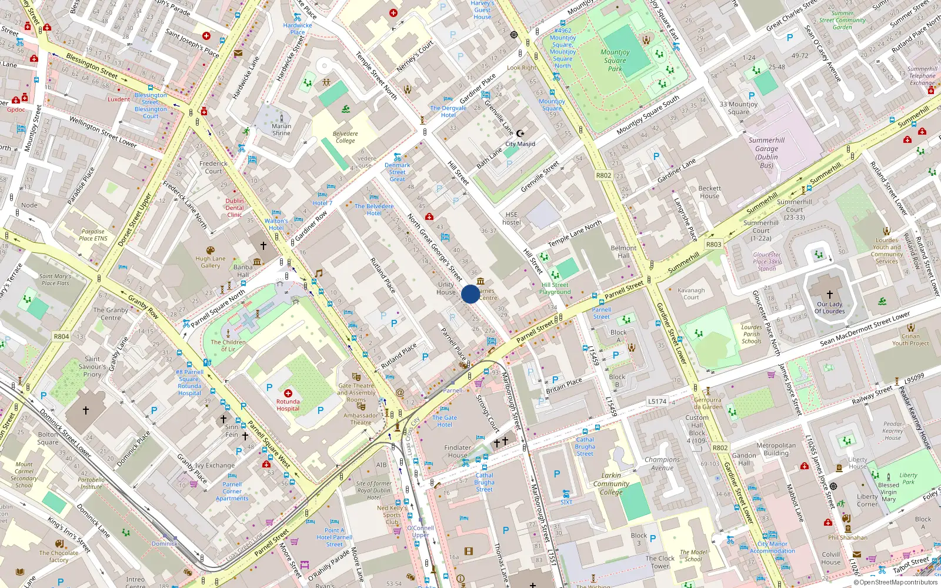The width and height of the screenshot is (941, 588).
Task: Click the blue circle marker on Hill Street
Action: (470, 294)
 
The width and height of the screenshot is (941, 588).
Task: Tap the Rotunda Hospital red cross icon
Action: (288, 393)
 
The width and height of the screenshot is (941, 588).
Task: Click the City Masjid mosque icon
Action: (520, 133)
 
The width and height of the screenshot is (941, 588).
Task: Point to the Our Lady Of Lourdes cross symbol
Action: (829, 294)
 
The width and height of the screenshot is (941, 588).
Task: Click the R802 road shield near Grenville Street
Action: (603, 175)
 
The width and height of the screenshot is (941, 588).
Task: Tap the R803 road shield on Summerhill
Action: (713, 244)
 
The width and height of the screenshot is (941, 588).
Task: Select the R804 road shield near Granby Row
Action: (61, 336)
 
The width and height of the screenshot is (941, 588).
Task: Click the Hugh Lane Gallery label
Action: (211, 262)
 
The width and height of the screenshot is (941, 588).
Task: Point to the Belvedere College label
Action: (345, 137)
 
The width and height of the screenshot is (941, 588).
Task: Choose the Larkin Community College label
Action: (611, 483)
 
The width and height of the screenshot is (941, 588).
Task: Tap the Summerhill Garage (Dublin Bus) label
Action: (766, 153)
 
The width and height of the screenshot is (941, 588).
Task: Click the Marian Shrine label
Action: (281, 129)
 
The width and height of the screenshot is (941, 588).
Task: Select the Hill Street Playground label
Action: (555, 288)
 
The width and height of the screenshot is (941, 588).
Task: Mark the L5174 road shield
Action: (657, 401)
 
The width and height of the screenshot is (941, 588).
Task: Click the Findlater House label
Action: (458, 451)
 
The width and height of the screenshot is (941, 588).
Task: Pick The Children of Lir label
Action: (228, 345)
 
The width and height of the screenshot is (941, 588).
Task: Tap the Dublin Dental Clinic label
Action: (234, 208)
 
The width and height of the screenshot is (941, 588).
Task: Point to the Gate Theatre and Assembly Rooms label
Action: (356, 393)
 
